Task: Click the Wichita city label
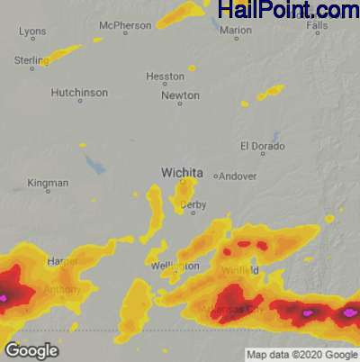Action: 182,172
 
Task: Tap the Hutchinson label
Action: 80,93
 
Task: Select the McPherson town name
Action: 125,25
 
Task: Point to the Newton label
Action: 180,95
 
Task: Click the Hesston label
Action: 165,77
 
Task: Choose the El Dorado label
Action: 262,146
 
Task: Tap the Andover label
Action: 238,176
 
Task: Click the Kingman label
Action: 48,183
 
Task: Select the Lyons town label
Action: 32,32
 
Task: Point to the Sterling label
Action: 31,59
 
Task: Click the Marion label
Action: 236,31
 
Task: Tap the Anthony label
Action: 62,290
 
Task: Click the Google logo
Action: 31,350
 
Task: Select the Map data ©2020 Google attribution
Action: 302,354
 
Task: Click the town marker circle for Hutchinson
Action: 80,101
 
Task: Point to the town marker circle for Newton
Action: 180,104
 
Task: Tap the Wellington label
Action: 175,267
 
